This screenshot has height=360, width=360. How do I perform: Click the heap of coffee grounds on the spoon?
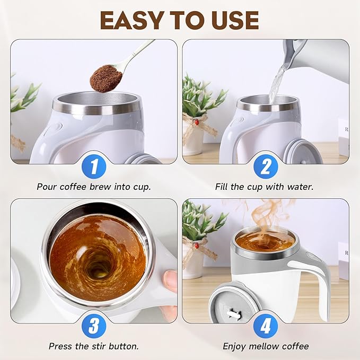coord(106,78)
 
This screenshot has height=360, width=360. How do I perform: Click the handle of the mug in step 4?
coord(317,281)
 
